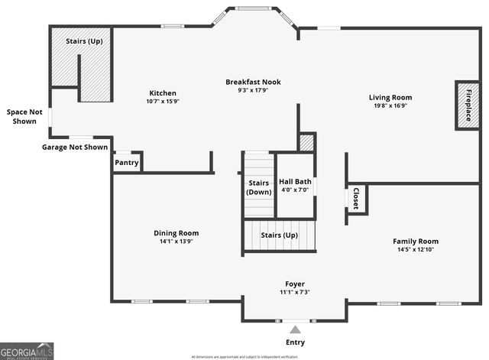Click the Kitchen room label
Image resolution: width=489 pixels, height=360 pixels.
coord(163,92)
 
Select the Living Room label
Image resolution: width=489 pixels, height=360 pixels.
coord(390,97)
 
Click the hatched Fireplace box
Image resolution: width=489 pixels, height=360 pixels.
coord(468,105)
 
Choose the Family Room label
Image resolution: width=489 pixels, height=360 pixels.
coord(416,241)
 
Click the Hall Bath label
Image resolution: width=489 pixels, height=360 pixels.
coord(295,182)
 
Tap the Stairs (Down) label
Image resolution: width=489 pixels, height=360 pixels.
coord(259,187)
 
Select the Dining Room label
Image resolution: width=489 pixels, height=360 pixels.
coord(176,233)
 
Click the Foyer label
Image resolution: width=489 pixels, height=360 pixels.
coord(295,284)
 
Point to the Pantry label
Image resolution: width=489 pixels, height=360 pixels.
coord(126,163)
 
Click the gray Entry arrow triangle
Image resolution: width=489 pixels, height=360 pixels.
coord(295,329)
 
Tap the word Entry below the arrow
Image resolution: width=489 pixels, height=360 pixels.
coord(295,342)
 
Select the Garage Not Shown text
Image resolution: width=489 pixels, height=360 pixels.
coord(75,147)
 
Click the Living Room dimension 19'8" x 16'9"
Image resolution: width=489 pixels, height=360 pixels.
coord(390,106)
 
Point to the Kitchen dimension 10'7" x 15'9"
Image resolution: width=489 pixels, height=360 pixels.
coord(163,101)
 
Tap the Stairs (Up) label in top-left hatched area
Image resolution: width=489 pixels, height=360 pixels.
coord(84,41)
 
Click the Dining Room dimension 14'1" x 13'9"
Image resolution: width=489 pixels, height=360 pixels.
coord(176,242)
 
